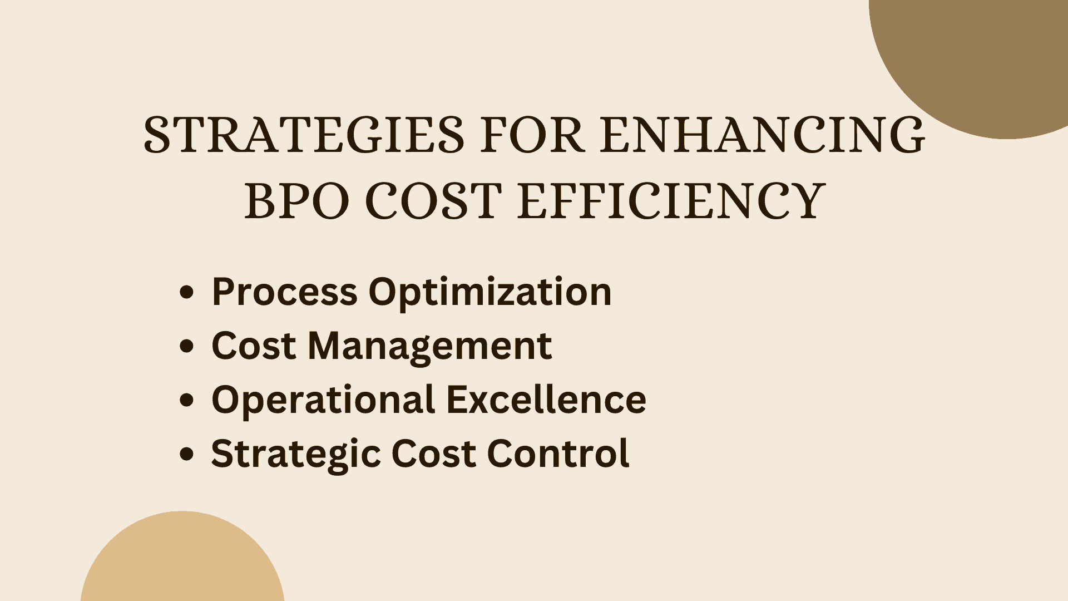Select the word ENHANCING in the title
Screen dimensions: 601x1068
click(762, 135)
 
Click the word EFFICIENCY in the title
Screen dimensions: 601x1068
click(671, 201)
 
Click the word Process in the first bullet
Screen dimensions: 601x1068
click(284, 292)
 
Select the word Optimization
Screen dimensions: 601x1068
click(490, 293)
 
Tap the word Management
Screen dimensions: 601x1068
click(429, 347)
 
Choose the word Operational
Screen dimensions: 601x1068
click(323, 401)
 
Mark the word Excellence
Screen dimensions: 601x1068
click(546, 400)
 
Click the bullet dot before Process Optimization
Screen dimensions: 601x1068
click(187, 292)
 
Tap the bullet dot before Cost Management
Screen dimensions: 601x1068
click(187, 346)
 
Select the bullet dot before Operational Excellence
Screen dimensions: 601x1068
click(187, 400)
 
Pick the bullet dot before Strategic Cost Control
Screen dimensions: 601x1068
click(187, 454)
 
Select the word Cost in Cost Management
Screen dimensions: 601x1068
click(253, 346)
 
